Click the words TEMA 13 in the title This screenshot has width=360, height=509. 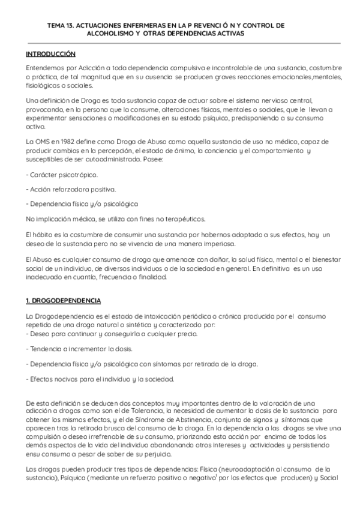(x=61, y=26)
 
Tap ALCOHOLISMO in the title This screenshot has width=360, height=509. (x=108, y=34)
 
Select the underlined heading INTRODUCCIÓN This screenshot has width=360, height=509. (x=51, y=54)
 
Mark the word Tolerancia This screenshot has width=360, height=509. (x=184, y=409)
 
